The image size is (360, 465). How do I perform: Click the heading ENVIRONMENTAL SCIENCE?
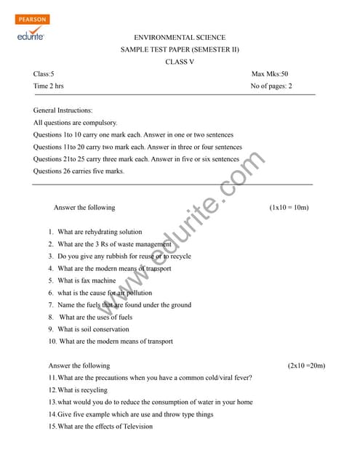pyautogui.click(x=180, y=37)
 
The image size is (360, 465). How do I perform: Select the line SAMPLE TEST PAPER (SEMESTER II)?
pyautogui.click(x=180, y=49)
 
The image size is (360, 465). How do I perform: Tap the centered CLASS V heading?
pyautogui.click(x=180, y=62)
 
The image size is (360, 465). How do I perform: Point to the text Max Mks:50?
pyautogui.click(x=270, y=74)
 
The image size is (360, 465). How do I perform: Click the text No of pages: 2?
pyautogui.click(x=271, y=86)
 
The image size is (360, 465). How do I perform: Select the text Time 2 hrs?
pyautogui.click(x=49, y=86)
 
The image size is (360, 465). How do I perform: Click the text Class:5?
pyautogui.click(x=44, y=74)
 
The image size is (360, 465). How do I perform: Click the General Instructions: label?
pyautogui.click(x=63, y=110)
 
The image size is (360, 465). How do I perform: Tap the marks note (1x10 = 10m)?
pyautogui.click(x=289, y=207)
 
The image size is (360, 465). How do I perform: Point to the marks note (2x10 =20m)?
pyautogui.click(x=306, y=365)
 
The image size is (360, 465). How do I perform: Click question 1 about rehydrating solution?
pyautogui.click(x=95, y=232)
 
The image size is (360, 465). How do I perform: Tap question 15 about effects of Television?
pyautogui.click(x=100, y=426)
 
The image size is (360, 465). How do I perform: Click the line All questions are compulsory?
pyautogui.click(x=75, y=123)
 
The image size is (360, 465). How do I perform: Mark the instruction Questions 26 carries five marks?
pyautogui.click(x=79, y=171)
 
